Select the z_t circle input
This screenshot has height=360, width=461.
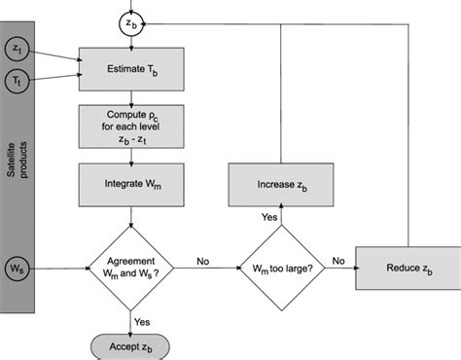(17, 48)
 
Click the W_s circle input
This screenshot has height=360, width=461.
(17, 263)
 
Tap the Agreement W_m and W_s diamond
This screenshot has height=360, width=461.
(130, 263)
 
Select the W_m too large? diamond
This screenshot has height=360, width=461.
(281, 263)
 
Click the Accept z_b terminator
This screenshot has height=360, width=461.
(130, 345)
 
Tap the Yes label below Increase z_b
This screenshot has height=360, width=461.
(267, 216)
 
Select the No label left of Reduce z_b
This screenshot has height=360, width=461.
(338, 261)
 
